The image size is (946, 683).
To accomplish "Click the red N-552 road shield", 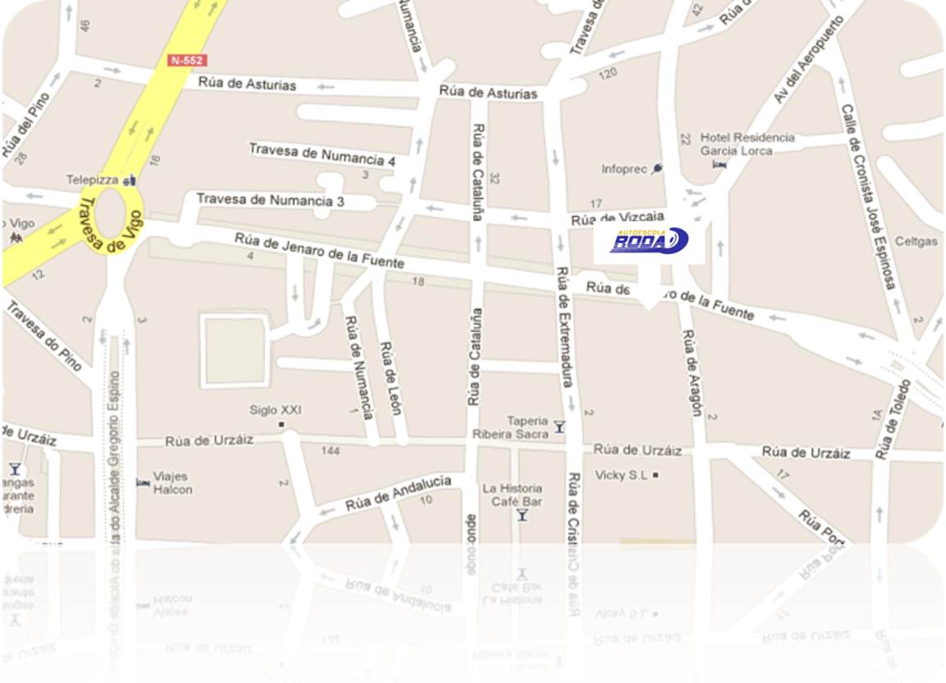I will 187,60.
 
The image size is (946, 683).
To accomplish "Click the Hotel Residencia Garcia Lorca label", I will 746,144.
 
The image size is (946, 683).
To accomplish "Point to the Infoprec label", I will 626,169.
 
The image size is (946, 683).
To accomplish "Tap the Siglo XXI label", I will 276,410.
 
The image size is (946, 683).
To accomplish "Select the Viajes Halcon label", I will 172,482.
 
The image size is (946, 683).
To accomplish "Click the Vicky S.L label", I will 622,475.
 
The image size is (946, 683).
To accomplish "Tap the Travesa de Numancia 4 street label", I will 323,155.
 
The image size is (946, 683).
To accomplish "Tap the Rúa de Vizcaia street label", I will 618,219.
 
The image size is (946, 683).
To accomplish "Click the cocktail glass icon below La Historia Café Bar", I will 521,515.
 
